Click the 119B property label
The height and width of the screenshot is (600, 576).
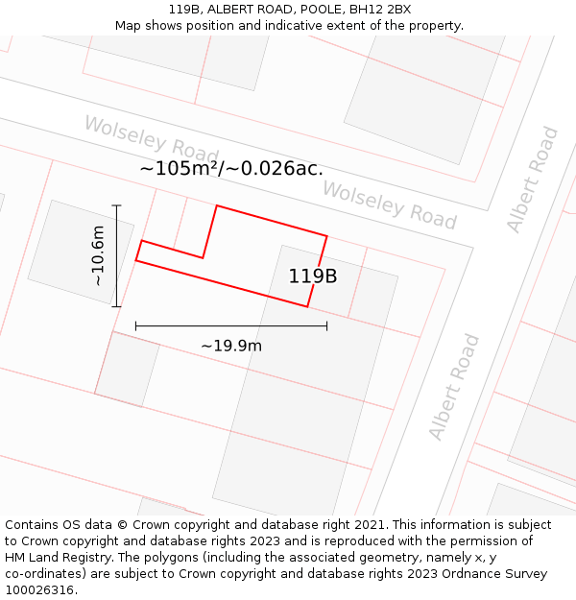coord(313,276)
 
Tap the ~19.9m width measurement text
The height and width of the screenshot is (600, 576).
coord(230,346)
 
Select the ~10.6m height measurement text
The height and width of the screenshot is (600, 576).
coord(98,255)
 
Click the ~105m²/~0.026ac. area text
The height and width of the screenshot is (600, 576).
coord(231,168)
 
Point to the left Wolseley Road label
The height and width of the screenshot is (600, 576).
coord(152,139)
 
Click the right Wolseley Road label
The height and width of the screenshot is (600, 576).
coord(389,204)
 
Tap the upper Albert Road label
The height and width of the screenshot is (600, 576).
coord(533,180)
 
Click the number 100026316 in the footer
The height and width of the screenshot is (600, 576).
coord(39,590)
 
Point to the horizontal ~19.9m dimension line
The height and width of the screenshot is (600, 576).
coord(230,326)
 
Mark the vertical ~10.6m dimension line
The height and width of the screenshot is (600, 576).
coord(116,255)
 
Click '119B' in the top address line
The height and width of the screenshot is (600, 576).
coord(185,9)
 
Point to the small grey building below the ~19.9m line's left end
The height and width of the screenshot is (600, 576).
coord(128,370)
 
